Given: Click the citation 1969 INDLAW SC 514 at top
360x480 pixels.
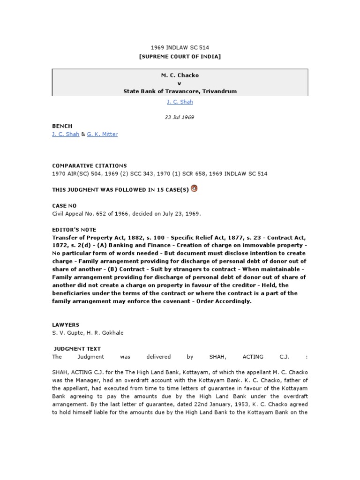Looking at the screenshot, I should (x=180, y=48).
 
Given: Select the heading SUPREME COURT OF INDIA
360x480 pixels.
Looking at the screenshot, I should (x=180, y=57).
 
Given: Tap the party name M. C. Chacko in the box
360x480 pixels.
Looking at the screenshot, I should (x=180, y=75).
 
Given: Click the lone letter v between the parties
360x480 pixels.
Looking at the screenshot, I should (x=180, y=83).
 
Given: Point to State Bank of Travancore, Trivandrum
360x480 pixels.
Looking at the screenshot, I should (x=180, y=91).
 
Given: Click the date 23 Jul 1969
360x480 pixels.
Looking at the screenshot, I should (x=180, y=117).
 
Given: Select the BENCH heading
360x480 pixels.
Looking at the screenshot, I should (x=62, y=126).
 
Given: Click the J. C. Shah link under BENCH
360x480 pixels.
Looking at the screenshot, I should (x=65, y=134).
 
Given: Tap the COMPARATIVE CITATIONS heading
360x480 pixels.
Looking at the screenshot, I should (x=89, y=165).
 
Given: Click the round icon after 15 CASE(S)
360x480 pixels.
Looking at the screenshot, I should (x=195, y=189).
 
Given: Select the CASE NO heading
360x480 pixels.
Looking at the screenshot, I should (x=64, y=205).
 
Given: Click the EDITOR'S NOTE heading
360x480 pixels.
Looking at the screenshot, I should (x=74, y=230).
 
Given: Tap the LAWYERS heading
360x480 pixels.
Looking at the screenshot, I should (x=66, y=324).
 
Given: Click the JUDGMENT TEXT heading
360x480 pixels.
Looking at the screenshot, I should (x=77, y=349).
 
